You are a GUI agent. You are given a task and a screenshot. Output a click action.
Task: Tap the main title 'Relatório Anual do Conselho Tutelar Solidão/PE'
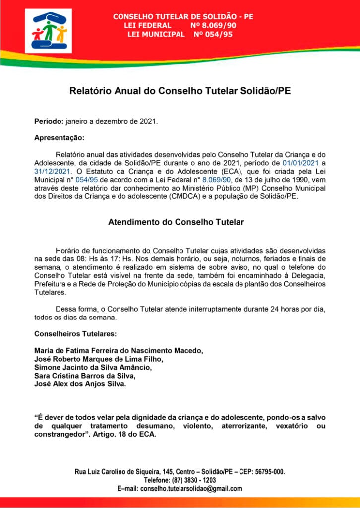coord(180,91)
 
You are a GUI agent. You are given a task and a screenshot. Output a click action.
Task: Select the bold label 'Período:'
coord(49,121)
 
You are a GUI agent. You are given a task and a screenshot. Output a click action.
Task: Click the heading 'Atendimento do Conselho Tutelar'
coord(176,222)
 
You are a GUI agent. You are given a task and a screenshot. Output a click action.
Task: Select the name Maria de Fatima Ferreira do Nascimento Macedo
coord(119,350)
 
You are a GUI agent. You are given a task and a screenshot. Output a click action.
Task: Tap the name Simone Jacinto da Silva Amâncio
coord(93,367)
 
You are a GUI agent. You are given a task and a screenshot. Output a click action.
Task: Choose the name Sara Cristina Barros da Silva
coord(85,376)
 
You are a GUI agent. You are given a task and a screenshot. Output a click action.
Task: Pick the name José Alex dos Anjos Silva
coord(80,384)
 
